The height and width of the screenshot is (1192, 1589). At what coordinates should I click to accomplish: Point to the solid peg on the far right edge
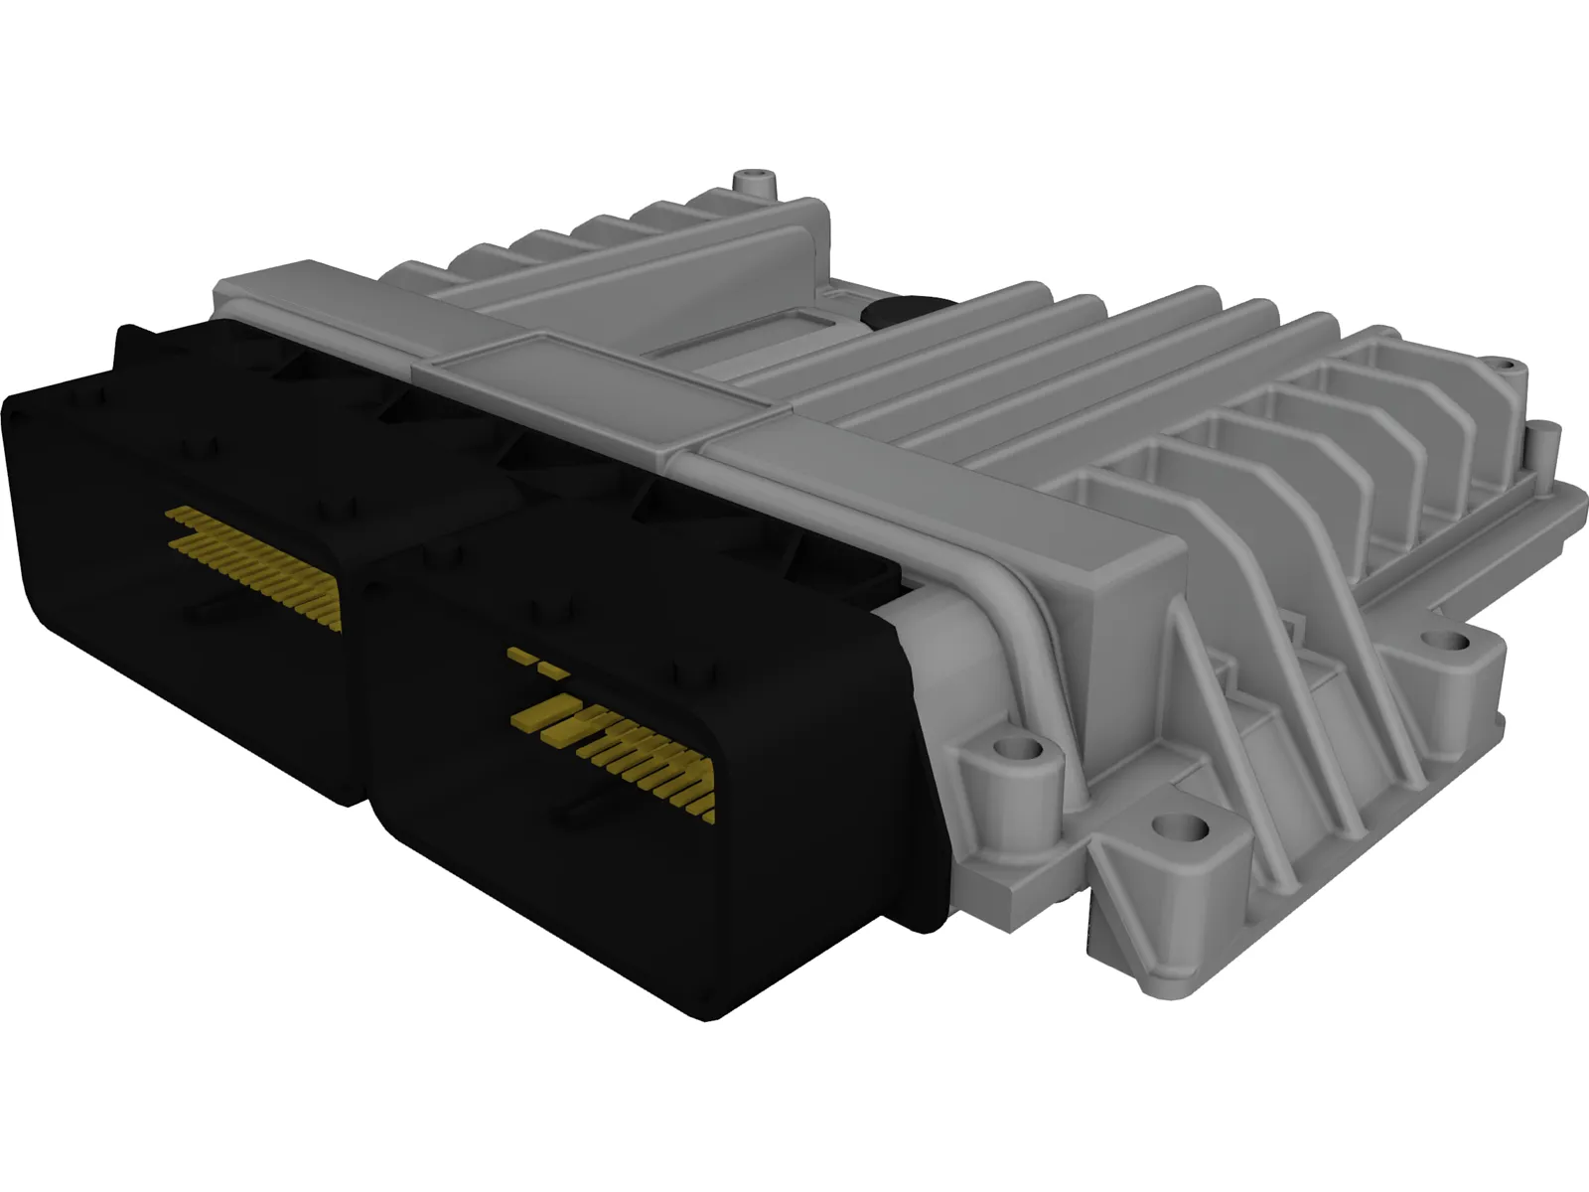1545,434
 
